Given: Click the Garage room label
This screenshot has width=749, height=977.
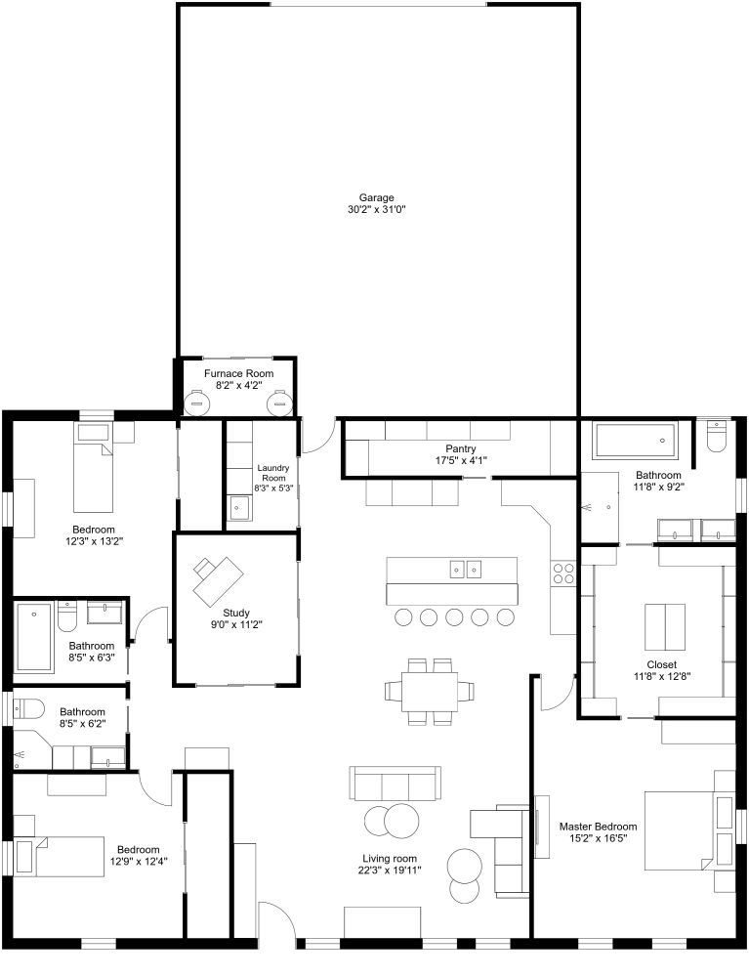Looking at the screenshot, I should (x=376, y=197).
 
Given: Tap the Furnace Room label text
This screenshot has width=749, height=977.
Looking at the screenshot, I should (x=238, y=373).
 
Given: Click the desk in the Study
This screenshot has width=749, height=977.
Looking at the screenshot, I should (x=217, y=577).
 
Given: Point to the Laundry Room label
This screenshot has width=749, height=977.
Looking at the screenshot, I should (x=273, y=472).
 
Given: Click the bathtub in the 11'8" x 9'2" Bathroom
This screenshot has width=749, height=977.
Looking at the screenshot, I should (x=636, y=441).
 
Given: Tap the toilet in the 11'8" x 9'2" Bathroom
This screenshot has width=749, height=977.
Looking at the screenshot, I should (x=718, y=436).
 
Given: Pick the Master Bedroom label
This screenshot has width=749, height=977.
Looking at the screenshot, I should (x=598, y=826).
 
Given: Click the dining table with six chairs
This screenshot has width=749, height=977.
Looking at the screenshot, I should (x=430, y=692).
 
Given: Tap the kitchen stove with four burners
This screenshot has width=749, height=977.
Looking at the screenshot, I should (x=563, y=573).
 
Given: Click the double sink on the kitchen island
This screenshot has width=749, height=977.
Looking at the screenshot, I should (x=465, y=569).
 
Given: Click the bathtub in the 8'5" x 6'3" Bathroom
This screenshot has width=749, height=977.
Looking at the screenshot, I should (x=33, y=637).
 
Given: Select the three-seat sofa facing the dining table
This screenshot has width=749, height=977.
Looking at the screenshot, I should (x=395, y=784).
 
